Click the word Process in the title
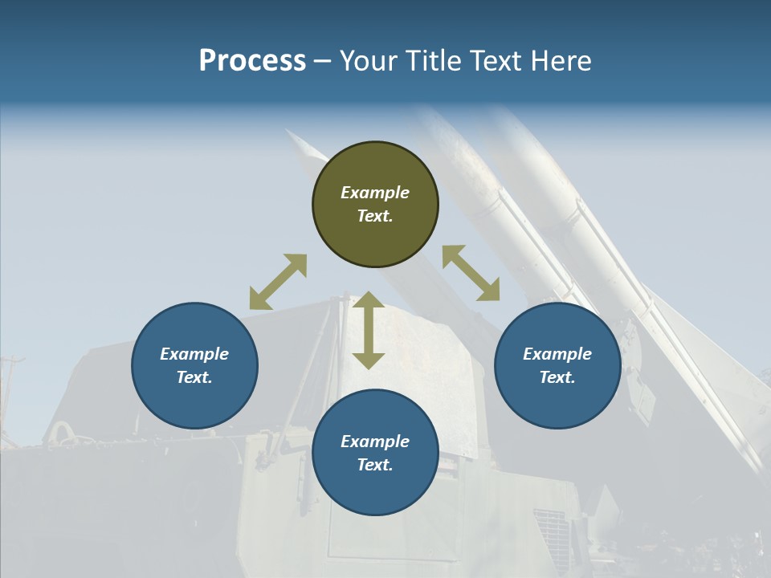coord(252,61)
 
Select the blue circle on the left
coord(194,393)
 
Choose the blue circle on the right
coord(557,393)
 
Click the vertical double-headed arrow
coord(369,330)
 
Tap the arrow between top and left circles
coord(278,282)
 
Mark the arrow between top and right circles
coord(471,273)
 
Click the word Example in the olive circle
coord(375,193)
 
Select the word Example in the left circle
coord(194,354)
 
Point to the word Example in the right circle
coord(557,354)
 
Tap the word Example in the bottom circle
coord(375,442)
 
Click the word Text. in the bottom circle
coord(375,465)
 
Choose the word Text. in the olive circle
coord(375,216)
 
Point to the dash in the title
coord(323,62)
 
